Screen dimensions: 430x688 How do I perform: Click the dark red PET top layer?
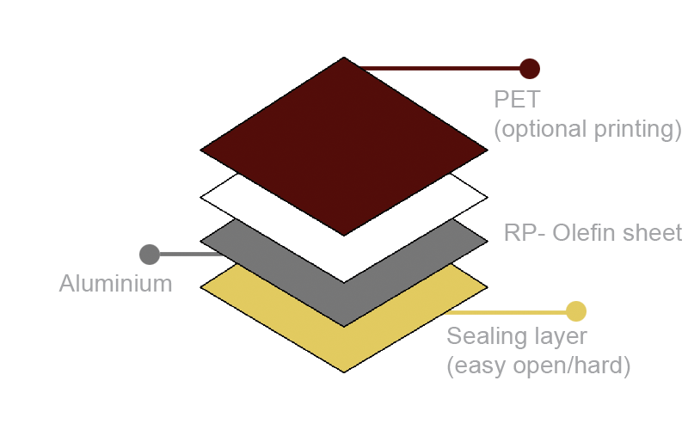click(x=344, y=146)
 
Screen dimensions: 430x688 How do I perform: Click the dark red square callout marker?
click(x=530, y=68)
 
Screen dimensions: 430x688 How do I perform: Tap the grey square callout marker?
click(x=150, y=255)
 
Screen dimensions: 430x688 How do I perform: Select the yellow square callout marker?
click(x=576, y=311)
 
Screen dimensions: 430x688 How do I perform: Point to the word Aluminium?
click(x=115, y=284)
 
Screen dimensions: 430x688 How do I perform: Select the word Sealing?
click(x=487, y=336)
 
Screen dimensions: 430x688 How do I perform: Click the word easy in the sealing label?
click(x=478, y=366)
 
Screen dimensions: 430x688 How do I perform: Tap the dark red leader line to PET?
click(x=439, y=68)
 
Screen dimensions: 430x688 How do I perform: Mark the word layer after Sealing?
click(x=557, y=336)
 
